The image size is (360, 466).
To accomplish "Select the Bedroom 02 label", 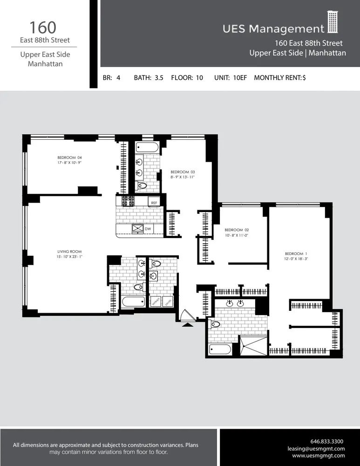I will click(x=237, y=230).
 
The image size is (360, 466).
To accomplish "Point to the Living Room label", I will click(x=66, y=252).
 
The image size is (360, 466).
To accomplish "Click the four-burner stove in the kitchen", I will click(x=128, y=201).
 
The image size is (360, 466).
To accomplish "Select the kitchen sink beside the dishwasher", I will click(x=138, y=228).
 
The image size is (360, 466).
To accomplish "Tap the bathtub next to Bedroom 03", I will click(x=148, y=148).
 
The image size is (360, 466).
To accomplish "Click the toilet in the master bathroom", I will click(x=215, y=324).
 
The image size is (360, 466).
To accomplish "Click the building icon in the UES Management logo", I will click(x=332, y=22).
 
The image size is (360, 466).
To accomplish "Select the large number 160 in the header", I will click(x=44, y=27).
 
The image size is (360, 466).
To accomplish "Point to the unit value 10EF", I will click(x=239, y=78).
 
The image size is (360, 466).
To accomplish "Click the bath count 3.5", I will click(x=159, y=78).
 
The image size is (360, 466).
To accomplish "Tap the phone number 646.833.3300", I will click(x=326, y=441).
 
